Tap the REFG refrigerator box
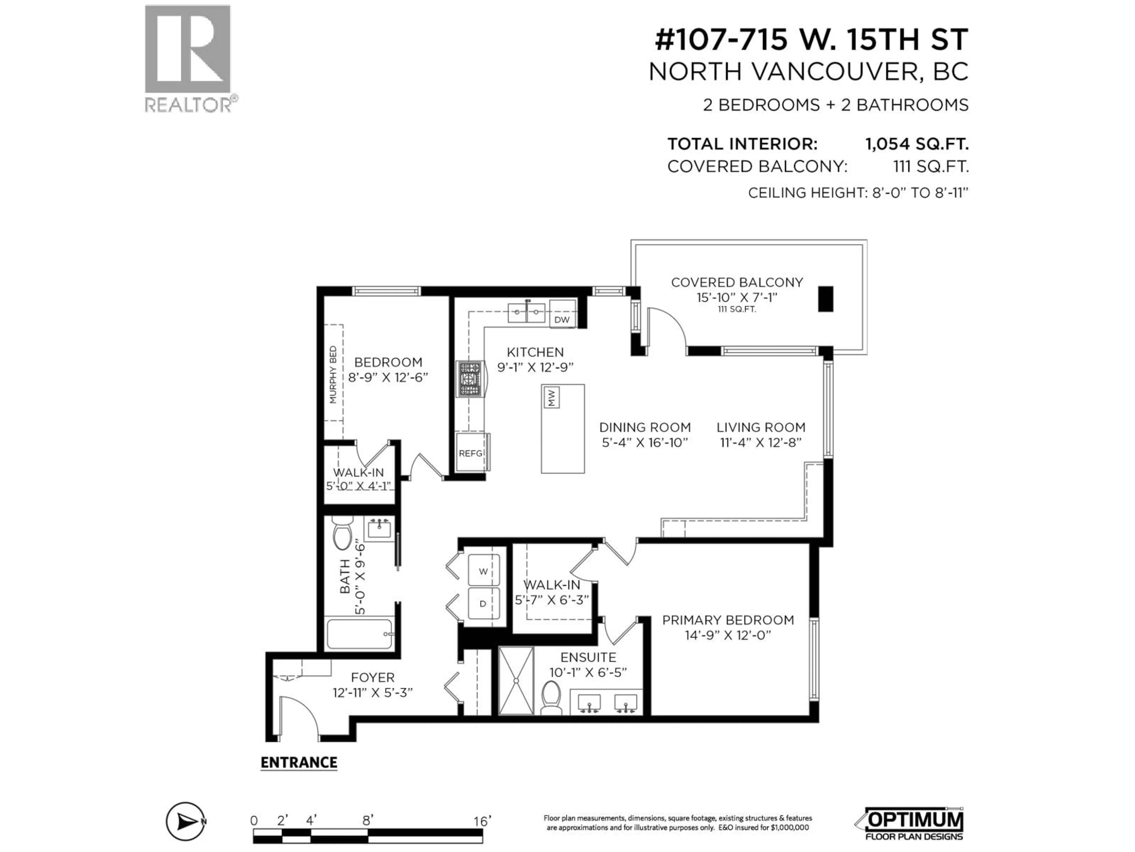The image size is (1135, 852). point(471,452)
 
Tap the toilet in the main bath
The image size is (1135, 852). point(342,532)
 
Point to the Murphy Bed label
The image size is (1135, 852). point(333,375)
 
